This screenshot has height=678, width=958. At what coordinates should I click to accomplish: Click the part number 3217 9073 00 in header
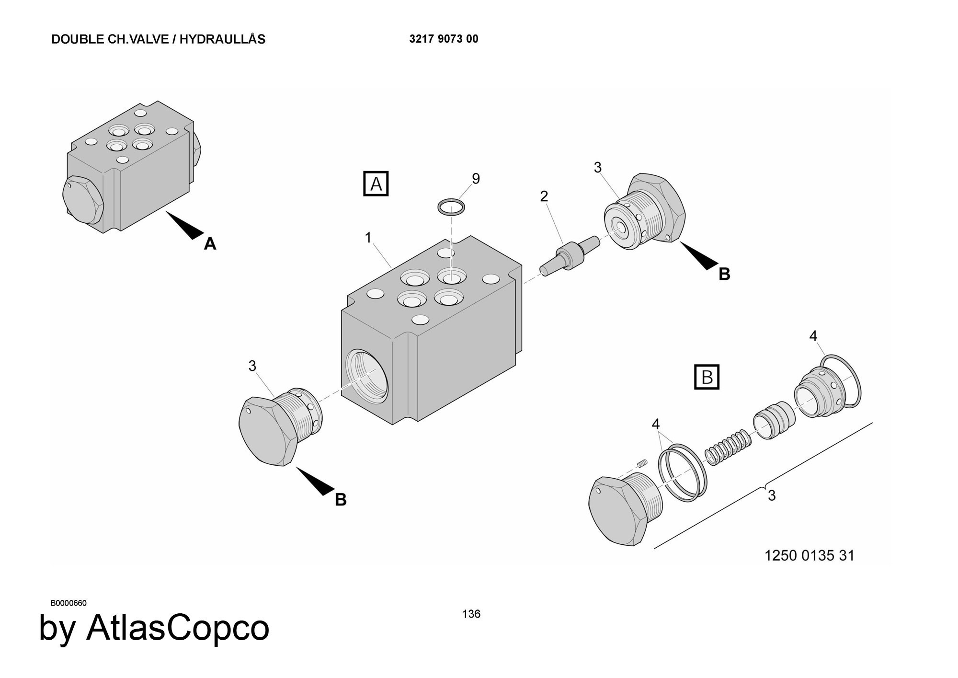tap(444, 39)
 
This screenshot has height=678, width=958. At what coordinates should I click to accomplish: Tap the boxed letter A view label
tap(376, 184)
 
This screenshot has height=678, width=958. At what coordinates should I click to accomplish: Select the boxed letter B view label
tap(707, 377)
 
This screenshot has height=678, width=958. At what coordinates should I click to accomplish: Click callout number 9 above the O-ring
tap(476, 178)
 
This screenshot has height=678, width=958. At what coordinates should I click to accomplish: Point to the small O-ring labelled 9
tap(451, 207)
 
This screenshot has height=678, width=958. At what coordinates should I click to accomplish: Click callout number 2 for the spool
tap(544, 196)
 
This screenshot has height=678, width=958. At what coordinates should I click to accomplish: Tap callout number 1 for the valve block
tap(368, 237)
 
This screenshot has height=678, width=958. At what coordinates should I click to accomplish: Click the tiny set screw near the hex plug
tap(642, 462)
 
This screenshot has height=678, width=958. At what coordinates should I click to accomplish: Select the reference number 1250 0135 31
tap(809, 555)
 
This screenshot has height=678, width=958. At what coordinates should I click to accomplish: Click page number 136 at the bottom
tap(471, 614)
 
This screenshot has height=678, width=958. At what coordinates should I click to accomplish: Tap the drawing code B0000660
tap(68, 603)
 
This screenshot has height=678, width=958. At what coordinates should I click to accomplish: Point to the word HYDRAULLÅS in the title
tap(222, 39)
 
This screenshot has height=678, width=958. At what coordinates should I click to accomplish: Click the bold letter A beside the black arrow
tap(210, 244)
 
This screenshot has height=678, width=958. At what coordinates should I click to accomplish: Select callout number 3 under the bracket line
tap(771, 495)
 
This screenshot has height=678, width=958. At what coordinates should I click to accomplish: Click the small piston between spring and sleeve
tap(773, 419)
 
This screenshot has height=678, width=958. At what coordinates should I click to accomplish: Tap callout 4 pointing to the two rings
tap(655, 424)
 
